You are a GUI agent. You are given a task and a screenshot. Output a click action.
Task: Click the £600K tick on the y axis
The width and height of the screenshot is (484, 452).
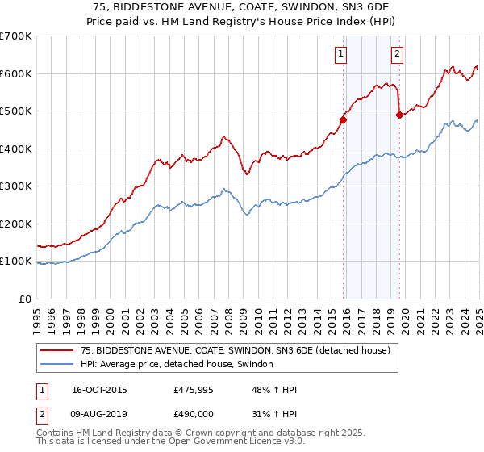[x=16, y=73]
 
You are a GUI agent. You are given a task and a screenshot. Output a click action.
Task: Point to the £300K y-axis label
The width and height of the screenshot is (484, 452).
[x=16, y=186]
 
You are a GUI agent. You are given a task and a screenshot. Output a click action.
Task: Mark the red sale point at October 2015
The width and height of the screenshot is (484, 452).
[x=343, y=120]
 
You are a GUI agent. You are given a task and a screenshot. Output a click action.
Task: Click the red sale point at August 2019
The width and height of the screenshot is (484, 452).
[x=399, y=115]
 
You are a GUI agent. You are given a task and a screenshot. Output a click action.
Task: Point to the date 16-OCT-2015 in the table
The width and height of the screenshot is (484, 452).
[x=99, y=390]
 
